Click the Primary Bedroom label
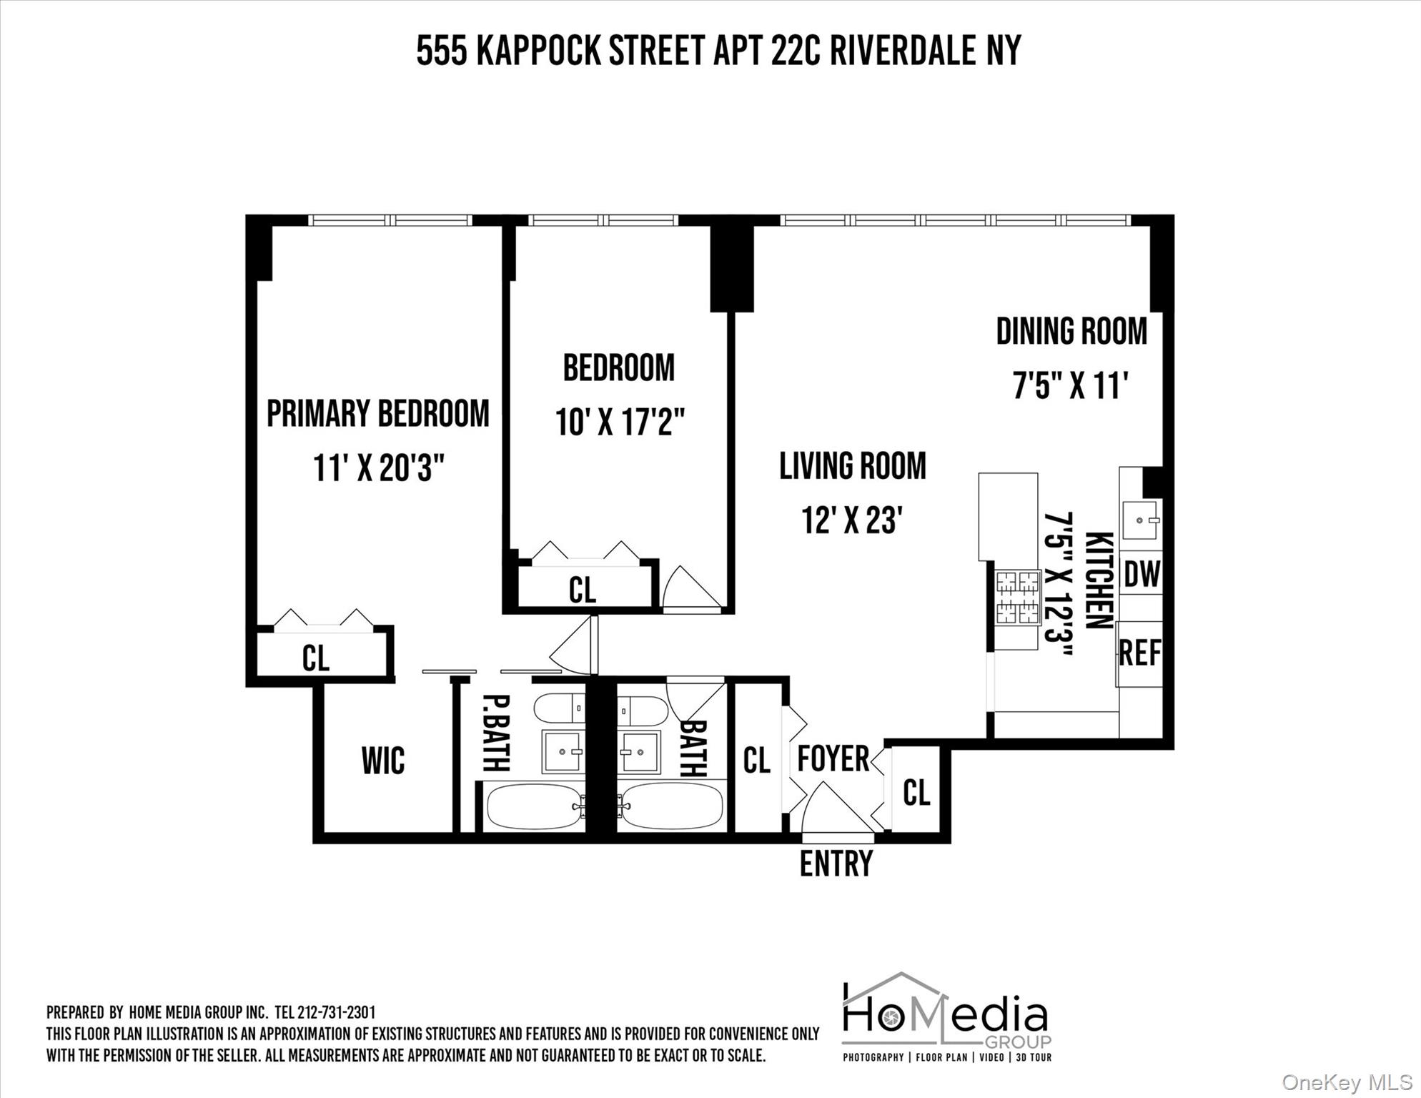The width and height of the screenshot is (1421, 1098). pos(377,414)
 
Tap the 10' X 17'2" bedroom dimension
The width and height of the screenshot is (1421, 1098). pos(620,422)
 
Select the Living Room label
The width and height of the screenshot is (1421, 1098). pos(852,466)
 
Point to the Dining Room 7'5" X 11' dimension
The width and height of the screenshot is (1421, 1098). pos(1070,387)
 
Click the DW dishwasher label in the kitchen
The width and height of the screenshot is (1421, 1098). pos(1141,573)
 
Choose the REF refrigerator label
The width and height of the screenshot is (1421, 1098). pos(1139,653)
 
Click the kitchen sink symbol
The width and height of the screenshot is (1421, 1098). pos(1139,520)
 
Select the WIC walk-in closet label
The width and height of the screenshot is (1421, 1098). pos(383,761)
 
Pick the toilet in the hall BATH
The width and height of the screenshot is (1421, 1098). pos(641,711)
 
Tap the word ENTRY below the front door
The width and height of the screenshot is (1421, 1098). pos(836,864)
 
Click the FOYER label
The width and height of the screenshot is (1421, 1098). pos(833,758)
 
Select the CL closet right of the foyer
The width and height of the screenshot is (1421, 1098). pos(916,792)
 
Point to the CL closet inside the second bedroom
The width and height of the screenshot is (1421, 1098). pos(583,590)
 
